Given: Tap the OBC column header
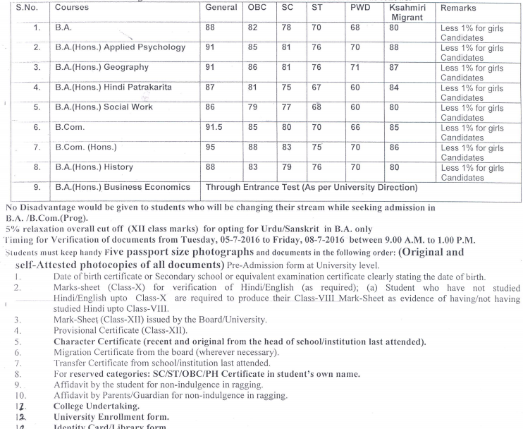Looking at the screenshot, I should point(258,8).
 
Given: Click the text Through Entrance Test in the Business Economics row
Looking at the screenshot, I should point(251,188).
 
